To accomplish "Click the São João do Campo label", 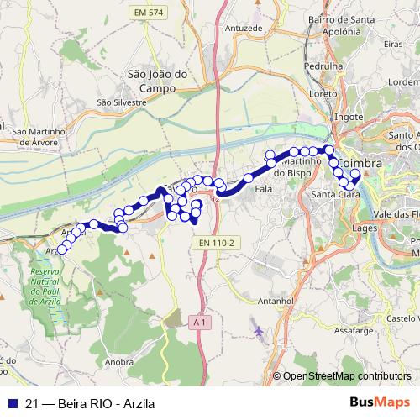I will click(151, 80).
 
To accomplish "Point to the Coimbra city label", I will click(363, 160).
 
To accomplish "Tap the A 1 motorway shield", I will click(197, 322).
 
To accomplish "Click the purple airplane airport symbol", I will click(257, 332).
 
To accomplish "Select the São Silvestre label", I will click(122, 102).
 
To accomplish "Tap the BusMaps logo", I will click(379, 402).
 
